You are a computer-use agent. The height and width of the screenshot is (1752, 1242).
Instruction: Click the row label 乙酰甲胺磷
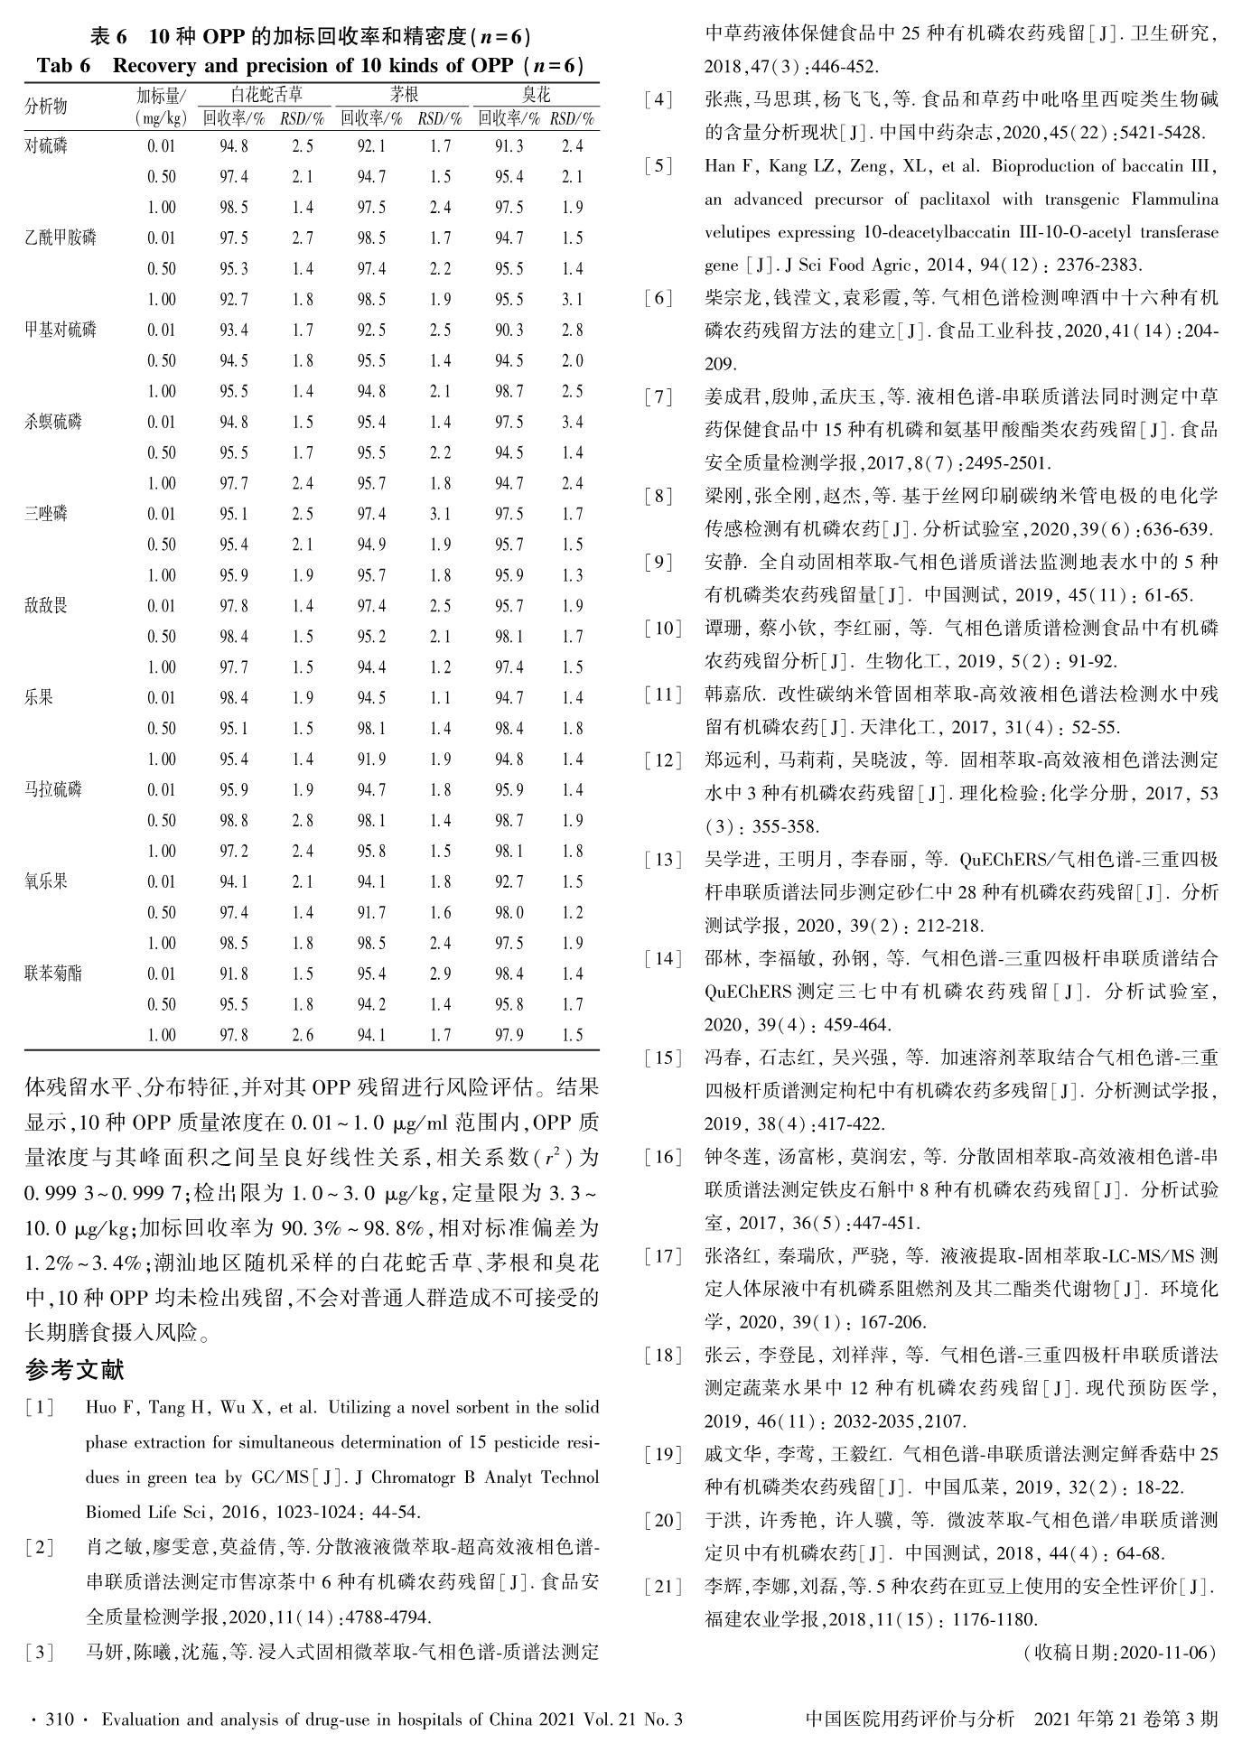(61, 238)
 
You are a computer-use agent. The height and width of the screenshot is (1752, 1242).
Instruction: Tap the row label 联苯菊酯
(53, 974)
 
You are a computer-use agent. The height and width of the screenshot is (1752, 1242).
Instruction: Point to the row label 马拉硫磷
(53, 789)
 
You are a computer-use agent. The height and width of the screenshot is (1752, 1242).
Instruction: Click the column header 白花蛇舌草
(266, 95)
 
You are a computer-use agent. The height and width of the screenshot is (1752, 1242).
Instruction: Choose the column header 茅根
(404, 95)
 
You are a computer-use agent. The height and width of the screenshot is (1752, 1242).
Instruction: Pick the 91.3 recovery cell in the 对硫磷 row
(509, 146)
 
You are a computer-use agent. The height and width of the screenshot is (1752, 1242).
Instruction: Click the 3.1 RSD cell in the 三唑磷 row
(440, 514)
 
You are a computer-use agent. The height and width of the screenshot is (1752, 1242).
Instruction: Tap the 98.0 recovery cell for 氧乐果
(509, 912)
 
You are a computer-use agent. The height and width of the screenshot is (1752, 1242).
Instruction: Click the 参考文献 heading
(75, 1370)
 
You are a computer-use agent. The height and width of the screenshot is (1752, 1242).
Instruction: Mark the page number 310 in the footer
(59, 1719)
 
